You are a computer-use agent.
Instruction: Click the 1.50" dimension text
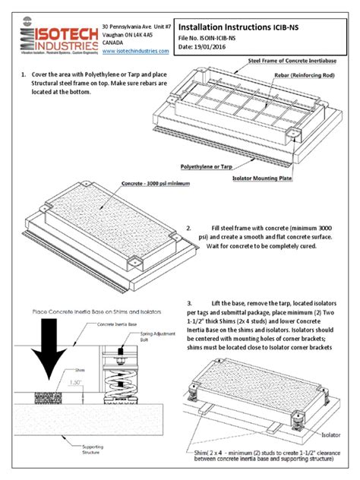tap(72, 382)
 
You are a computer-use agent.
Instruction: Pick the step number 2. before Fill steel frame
tap(188, 228)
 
